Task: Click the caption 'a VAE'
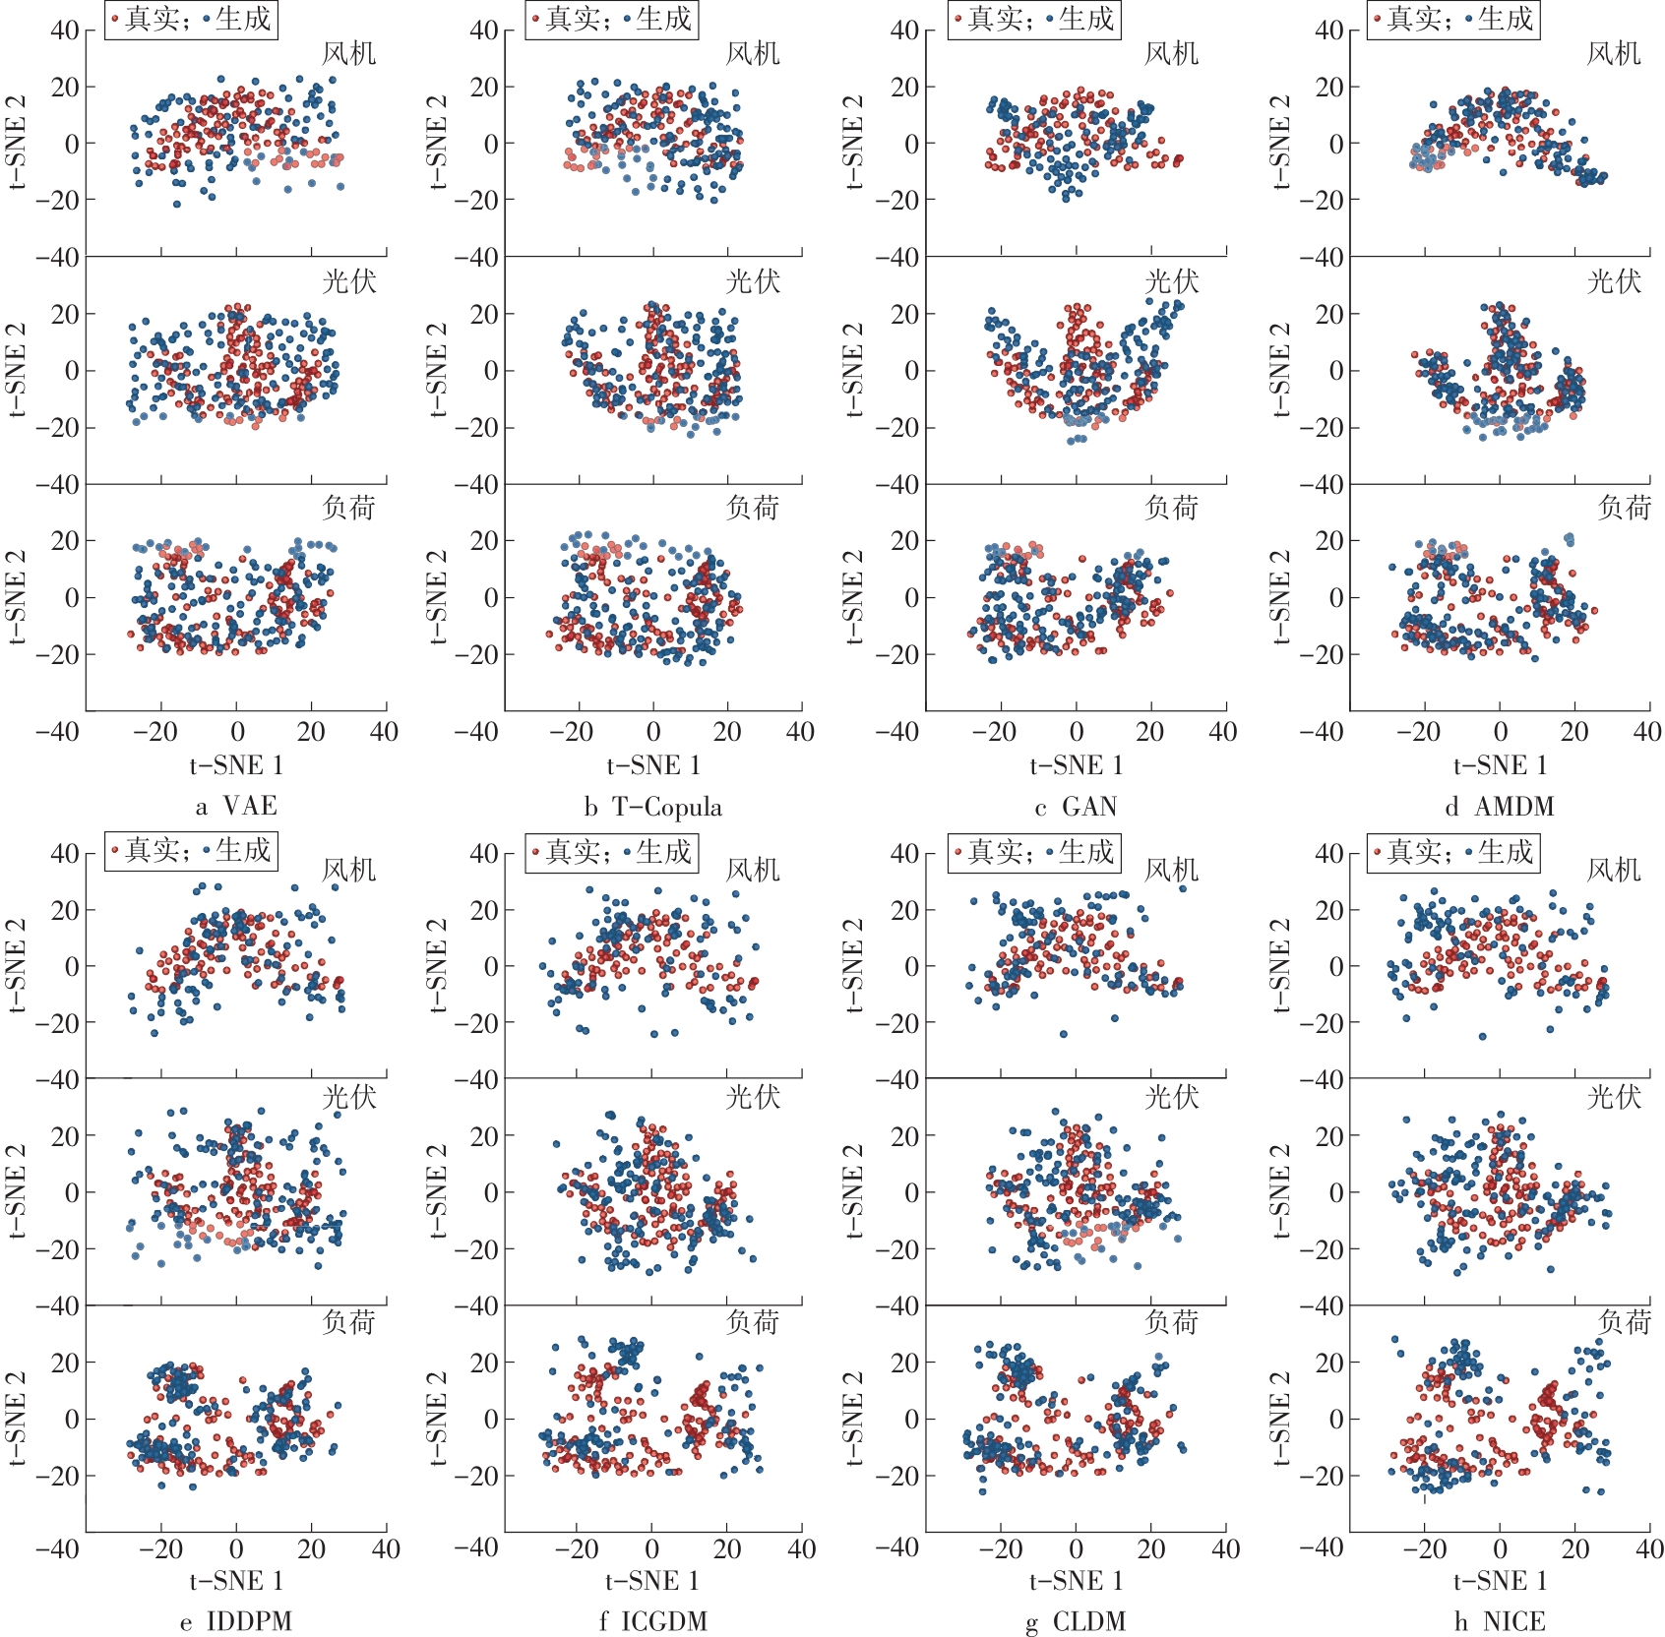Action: pyautogui.click(x=236, y=807)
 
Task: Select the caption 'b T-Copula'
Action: pyautogui.click(x=652, y=807)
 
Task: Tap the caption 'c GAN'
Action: pyautogui.click(x=1076, y=807)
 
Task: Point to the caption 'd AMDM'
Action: pyautogui.click(x=1499, y=807)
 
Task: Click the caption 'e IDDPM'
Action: pyautogui.click(x=236, y=1621)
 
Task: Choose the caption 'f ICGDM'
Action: pyautogui.click(x=652, y=1621)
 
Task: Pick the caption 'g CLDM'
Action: pyautogui.click(x=1076, y=1621)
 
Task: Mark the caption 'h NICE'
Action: pyautogui.click(x=1499, y=1621)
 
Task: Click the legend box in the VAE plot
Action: pyautogui.click(x=192, y=19)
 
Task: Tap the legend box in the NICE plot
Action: pyautogui.click(x=1453, y=851)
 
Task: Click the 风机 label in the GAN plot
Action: pyautogui.click(x=1171, y=53)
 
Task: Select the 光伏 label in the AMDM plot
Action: pyautogui.click(x=1614, y=281)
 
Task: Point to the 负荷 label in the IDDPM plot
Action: pyautogui.click(x=348, y=1322)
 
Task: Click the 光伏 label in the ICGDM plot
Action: pyautogui.click(x=753, y=1096)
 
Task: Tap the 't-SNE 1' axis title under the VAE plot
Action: pyautogui.click(x=236, y=765)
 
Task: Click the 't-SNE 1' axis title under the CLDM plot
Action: pyautogui.click(x=1076, y=1580)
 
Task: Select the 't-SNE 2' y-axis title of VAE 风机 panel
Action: pyautogui.click(x=17, y=143)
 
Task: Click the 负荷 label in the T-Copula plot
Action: pyautogui.click(x=753, y=508)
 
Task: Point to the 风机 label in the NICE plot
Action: pyautogui.click(x=1614, y=870)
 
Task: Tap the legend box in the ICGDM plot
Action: pyautogui.click(x=611, y=851)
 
